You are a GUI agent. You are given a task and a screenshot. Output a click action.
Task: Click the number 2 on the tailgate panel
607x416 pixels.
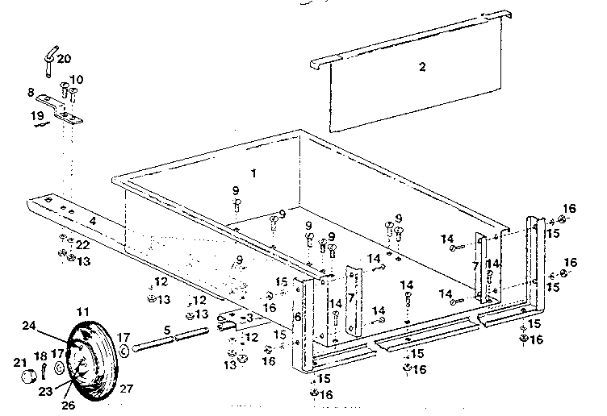[x=421, y=67]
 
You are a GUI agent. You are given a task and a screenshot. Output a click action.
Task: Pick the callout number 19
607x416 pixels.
[x=37, y=115]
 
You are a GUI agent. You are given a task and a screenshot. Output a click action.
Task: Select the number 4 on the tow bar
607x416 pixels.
[x=93, y=218]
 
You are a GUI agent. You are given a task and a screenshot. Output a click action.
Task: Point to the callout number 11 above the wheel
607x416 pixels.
[x=84, y=311]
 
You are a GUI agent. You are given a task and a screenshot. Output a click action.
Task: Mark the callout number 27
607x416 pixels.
[x=126, y=387]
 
